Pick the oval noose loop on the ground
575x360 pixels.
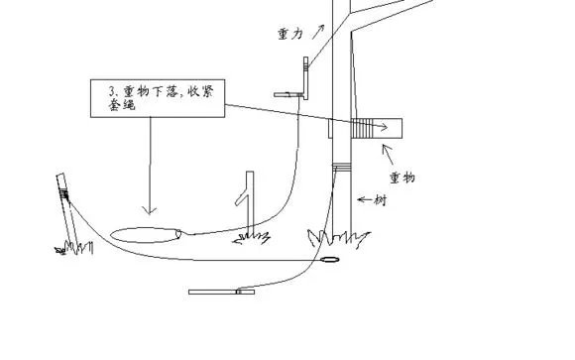(x=145, y=235)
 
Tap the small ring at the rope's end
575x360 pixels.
(x=330, y=262)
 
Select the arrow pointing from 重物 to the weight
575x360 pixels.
(x=388, y=154)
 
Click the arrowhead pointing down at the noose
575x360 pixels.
(x=150, y=209)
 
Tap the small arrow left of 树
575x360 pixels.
(x=364, y=199)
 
